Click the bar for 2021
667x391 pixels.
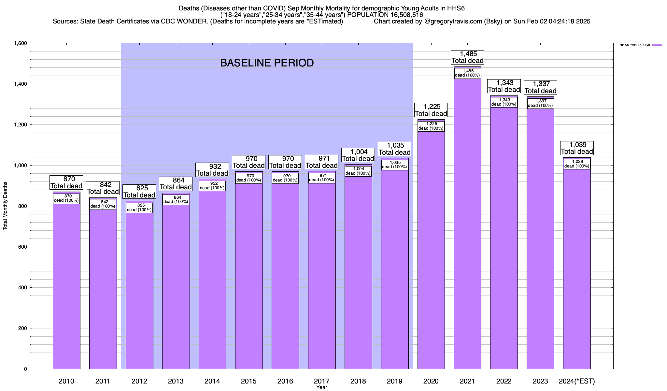point(467,228)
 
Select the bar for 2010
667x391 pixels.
point(66,287)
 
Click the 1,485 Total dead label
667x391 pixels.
point(468,57)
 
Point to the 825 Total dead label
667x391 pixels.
point(139,192)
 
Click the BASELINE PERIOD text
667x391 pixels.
point(267,63)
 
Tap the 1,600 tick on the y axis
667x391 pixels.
point(21,43)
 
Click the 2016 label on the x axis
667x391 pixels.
point(285,381)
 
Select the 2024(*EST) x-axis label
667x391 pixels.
point(577,381)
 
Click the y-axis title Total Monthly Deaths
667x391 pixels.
point(5,206)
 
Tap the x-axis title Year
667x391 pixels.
point(321,387)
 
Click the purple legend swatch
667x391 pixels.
point(657,45)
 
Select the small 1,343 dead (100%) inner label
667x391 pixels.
point(504,102)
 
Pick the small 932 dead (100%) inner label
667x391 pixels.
point(212,186)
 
